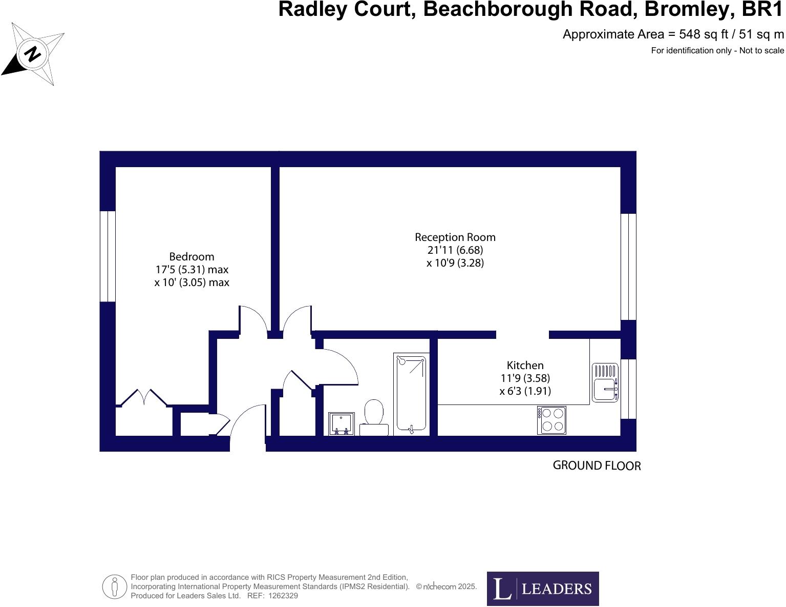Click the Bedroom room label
click(192, 256)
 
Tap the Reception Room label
click(455, 237)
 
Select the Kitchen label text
click(525, 365)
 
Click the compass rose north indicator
click(33, 53)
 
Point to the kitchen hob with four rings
click(551, 420)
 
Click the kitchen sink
click(605, 382)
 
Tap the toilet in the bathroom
click(374, 417)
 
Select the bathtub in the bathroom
click(411, 392)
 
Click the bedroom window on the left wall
click(108, 256)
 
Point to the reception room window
click(628, 267)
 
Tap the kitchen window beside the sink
click(628, 389)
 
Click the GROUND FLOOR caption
click(597, 466)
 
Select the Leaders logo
click(542, 589)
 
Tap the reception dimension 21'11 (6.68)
click(455, 250)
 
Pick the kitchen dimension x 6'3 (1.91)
click(525, 391)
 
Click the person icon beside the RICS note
click(115, 586)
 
